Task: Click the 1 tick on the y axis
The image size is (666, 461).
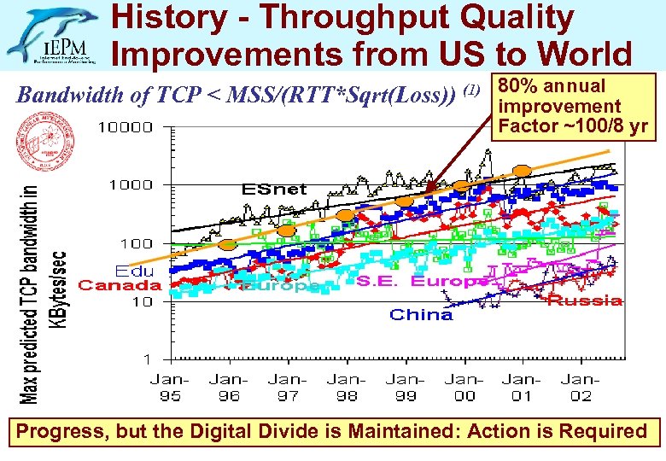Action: pyautogui.click(x=148, y=359)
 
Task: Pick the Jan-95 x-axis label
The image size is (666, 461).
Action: pyautogui.click(x=168, y=387)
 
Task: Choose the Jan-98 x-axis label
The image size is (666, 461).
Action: pyautogui.click(x=345, y=387)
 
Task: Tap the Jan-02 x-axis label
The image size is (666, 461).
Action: pyautogui.click(x=580, y=387)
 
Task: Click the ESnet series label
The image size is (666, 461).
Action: pyautogui.click(x=273, y=189)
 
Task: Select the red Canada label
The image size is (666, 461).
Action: pyautogui.click(x=120, y=285)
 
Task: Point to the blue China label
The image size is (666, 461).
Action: pyautogui.click(x=421, y=315)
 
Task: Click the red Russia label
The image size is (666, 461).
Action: pyautogui.click(x=584, y=300)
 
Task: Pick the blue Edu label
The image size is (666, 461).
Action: pyautogui.click(x=136, y=271)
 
